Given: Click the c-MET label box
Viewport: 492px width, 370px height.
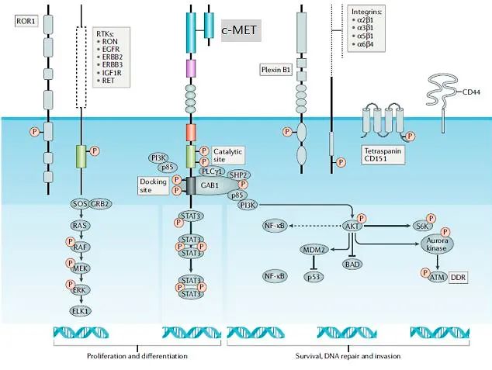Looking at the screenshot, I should tap(241, 30).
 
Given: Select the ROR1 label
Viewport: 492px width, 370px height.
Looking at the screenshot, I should tap(25, 20).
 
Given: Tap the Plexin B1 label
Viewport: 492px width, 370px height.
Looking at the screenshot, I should tap(275, 70).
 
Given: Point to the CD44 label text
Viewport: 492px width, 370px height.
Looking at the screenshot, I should tap(471, 92).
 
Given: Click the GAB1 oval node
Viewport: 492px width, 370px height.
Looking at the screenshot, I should tap(208, 186).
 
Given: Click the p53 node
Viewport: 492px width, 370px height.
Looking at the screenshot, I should tap(314, 276).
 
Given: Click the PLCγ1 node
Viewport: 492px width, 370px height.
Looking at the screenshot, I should tap(210, 171).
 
